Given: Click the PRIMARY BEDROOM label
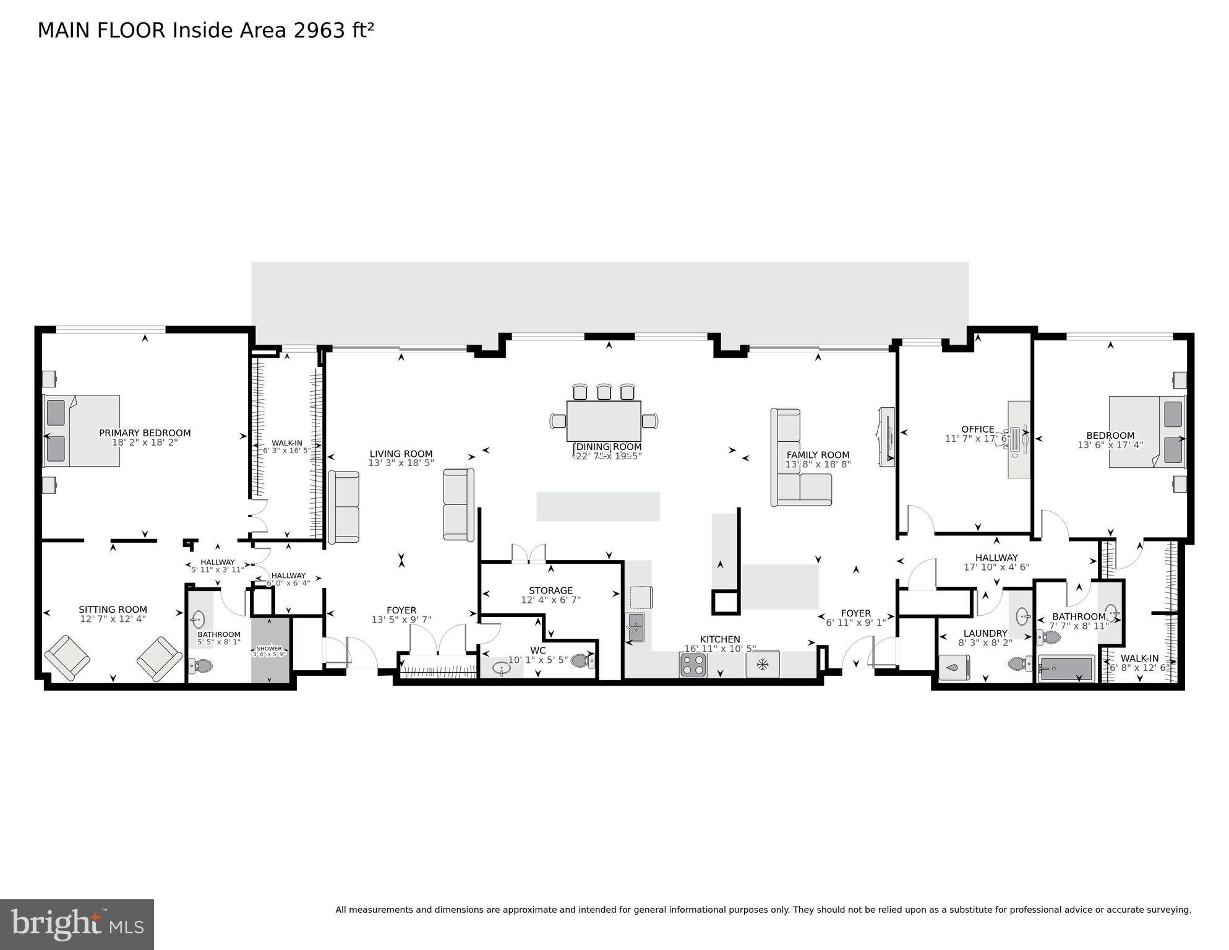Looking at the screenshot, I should coord(145,433).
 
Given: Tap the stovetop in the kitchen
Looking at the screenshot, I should coord(693,665).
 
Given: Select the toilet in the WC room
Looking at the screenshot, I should coord(581,661).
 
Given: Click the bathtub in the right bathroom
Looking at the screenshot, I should coord(1066,668).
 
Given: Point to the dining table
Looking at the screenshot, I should coord(604,421).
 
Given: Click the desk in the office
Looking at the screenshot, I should coord(1019,439).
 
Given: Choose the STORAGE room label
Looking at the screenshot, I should coord(550,590).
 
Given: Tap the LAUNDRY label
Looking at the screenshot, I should coord(985,633).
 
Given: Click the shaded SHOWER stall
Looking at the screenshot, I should coord(270,650).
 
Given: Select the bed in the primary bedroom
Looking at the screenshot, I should coord(82,431).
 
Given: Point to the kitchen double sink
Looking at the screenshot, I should coord(635,627).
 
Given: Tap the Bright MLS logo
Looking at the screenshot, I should coord(77,924).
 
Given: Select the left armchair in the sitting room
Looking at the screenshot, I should coord(67,657).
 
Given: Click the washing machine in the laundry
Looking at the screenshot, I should coord(954,668).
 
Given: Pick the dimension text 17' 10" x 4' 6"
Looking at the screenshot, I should coord(996,567).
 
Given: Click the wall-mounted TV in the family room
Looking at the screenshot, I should coord(887,437).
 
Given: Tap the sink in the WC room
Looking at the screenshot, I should coord(502,668).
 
